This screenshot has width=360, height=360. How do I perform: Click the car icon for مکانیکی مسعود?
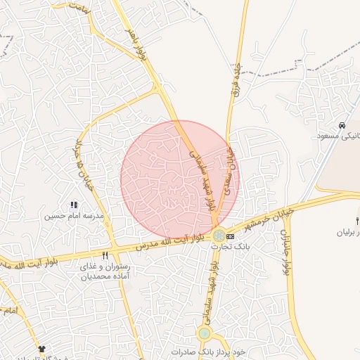(342, 125)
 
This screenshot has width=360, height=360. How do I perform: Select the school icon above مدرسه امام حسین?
(74, 205)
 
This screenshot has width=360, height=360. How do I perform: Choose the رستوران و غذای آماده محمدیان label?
(105, 272)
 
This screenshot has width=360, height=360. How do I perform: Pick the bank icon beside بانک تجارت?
(231, 236)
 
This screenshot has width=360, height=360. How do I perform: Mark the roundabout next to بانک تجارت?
(219, 236)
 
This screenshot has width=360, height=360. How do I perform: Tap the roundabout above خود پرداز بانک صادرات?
(205, 333)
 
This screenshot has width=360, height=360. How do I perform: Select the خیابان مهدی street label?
(229, 169)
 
